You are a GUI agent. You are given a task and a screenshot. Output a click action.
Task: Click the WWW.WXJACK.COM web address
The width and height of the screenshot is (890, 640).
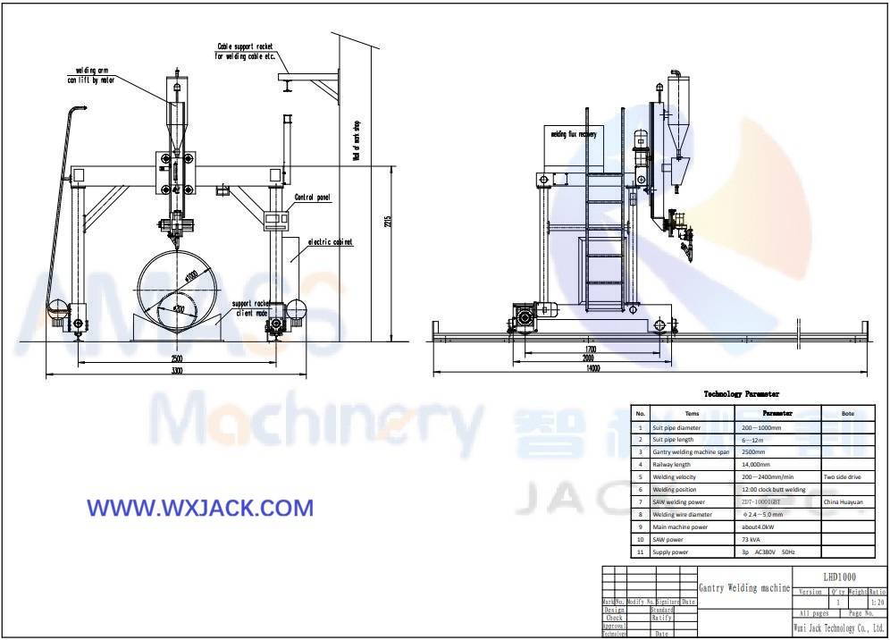pos(200,508)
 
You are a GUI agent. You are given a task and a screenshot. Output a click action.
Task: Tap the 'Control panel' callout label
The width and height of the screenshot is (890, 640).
pos(312,197)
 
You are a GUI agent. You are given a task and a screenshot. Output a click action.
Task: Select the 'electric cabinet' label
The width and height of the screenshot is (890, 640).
pos(330,241)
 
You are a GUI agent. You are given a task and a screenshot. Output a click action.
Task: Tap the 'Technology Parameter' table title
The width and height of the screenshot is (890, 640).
pos(741,393)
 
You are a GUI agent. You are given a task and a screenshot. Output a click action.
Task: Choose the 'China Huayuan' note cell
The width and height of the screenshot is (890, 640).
pos(844,502)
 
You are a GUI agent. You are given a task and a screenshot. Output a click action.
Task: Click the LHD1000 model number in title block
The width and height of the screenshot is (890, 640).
pos(838,577)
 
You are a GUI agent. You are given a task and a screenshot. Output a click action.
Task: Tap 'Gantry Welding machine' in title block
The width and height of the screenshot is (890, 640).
pos(743,588)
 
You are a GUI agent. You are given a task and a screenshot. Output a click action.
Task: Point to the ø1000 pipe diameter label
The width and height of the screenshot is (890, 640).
pos(191,277)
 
